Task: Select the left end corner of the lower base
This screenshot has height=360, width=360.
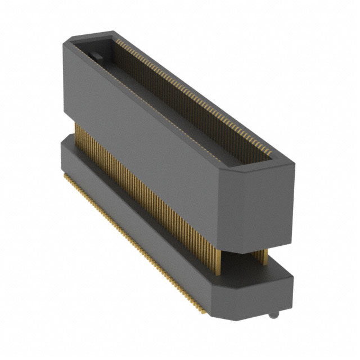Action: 61,147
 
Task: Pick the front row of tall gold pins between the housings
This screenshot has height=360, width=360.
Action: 141,186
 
